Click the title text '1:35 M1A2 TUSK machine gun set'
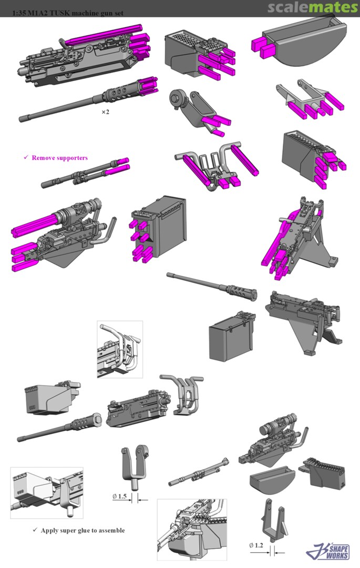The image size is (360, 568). tap(68, 13)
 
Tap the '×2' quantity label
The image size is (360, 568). tap(105, 112)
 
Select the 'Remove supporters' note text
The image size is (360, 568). tap(60, 158)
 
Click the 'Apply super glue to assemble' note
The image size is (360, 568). tap(83, 530)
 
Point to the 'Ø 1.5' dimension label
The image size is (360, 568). tap(119, 496)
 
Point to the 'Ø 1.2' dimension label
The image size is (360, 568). tap(256, 545)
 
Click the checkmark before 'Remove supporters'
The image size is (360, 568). tap(26, 157)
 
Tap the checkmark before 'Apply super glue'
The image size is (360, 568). tap(35, 530)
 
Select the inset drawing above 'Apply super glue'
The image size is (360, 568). tap(47, 493)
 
